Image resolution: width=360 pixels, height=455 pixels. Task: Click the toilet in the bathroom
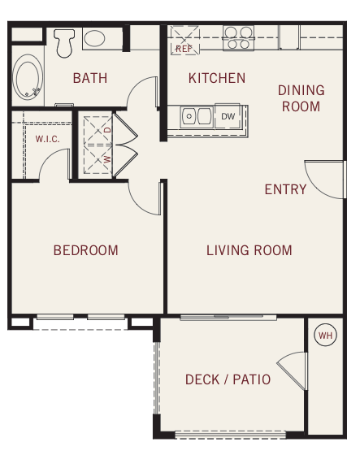64,42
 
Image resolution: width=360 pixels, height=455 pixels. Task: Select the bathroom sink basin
94,38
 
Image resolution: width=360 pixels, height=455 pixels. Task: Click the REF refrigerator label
184,49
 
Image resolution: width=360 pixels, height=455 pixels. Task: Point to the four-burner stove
238,38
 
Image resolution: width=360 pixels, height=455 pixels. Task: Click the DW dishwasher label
228,116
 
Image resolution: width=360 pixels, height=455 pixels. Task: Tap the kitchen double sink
197,117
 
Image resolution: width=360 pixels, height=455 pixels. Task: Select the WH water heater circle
325,335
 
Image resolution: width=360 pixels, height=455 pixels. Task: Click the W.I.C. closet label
48,139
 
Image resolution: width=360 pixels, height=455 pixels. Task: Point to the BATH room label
90,78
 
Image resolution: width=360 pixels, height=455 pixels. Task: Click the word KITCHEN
217,78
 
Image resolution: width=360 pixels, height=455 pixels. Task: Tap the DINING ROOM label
301,98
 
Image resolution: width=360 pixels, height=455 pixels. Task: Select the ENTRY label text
286,189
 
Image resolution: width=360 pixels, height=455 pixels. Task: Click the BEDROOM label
86,250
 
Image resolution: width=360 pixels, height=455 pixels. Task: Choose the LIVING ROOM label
249,250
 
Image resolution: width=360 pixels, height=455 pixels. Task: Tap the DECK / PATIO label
228,379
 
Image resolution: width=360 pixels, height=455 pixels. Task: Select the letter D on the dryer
108,130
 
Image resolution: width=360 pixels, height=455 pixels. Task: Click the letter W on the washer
107,159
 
